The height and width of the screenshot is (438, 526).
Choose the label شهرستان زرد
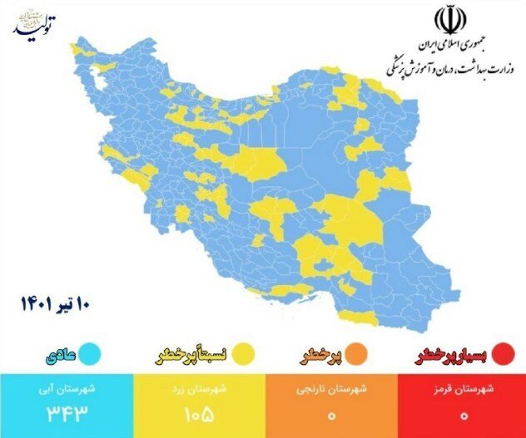200,388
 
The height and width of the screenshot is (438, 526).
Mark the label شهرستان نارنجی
330,388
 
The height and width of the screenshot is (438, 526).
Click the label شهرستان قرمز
463,388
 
